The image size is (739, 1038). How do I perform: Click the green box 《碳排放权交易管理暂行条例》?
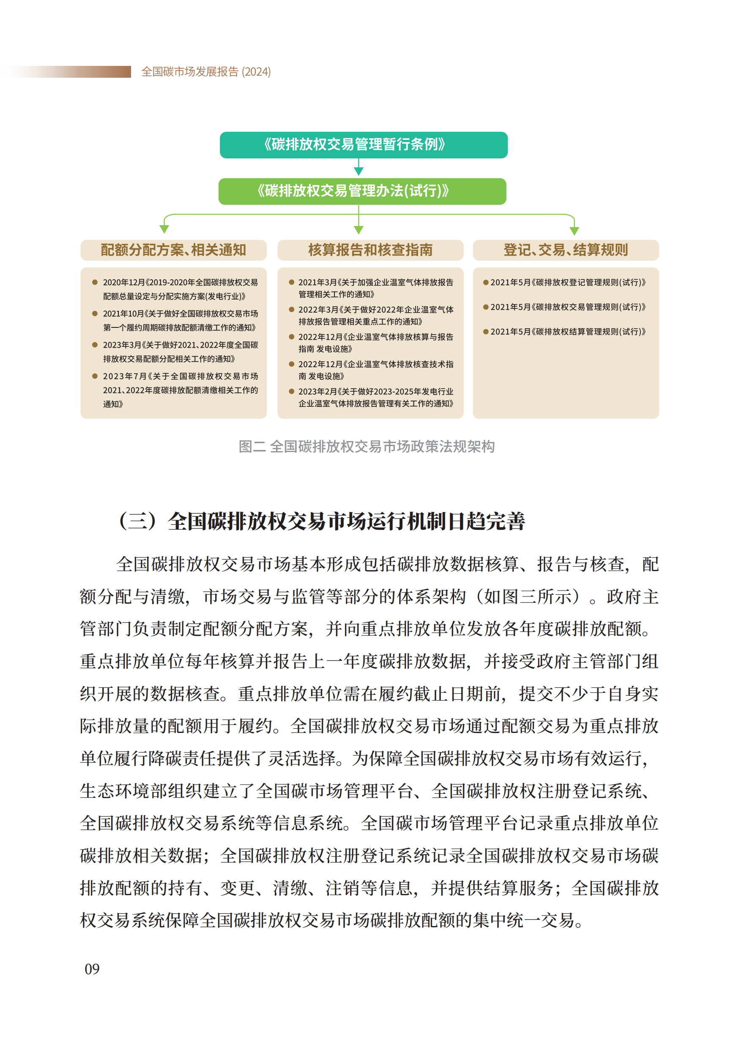pos(363,144)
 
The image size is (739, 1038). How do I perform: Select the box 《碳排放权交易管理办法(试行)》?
pos(362,191)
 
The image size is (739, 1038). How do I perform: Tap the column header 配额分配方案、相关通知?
pos(173,250)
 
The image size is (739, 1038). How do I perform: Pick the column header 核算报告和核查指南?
pos(370,250)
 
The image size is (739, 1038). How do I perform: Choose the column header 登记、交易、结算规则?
pos(565,250)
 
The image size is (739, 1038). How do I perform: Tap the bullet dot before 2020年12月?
pos(95,282)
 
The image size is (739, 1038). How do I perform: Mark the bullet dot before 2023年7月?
pos(95,376)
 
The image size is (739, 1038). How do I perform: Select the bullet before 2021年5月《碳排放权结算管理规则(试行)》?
pos(485,332)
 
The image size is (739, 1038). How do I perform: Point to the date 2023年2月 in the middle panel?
pos(317,392)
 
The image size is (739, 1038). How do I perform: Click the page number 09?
pos(92,969)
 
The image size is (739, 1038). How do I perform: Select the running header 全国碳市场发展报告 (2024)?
pos(206,72)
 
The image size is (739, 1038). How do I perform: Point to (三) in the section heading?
pos(138,521)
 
